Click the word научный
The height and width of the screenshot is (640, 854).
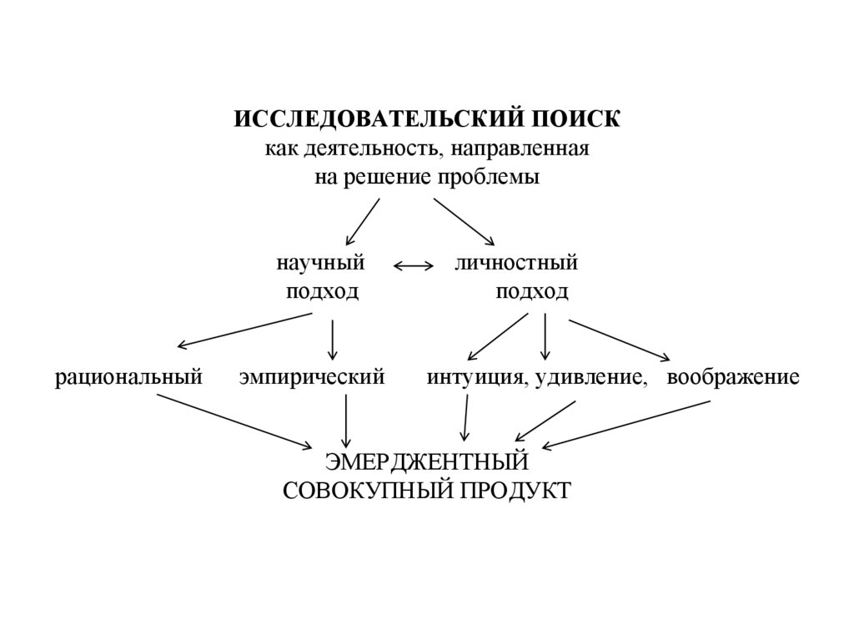coord(322,263)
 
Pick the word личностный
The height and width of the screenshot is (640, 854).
coord(516,263)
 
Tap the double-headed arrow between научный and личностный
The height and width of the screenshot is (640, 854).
coord(414,266)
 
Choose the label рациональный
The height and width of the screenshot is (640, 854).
coord(129,377)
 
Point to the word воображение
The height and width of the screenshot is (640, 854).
coord(733,377)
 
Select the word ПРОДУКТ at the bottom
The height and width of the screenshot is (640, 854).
coord(515,490)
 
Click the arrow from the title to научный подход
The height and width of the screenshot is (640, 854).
coord(362,221)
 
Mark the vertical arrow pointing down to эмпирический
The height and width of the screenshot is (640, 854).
coord(333,339)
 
